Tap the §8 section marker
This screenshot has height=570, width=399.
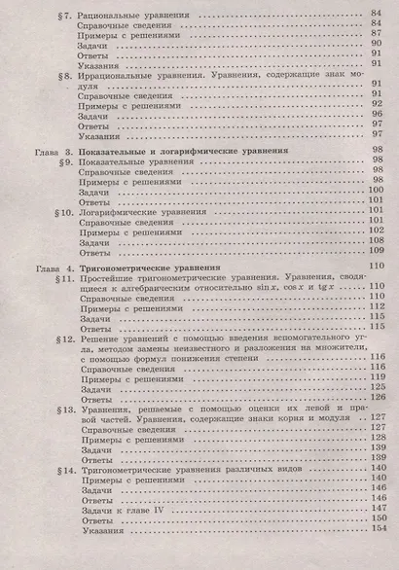click(x=65, y=75)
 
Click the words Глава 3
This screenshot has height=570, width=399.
click(x=43, y=154)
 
